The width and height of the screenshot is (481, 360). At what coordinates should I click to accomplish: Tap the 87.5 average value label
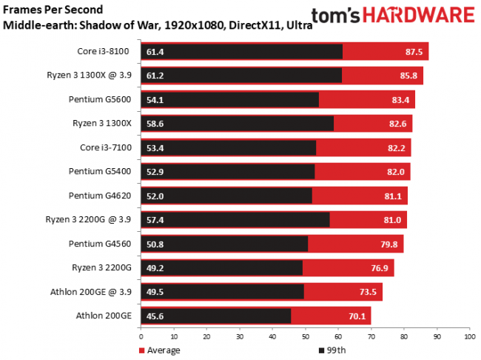(412, 51)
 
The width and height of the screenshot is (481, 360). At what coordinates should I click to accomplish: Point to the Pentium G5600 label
(100, 99)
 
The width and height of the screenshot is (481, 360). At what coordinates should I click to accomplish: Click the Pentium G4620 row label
(100, 195)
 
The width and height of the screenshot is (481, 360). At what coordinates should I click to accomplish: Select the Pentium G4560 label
(100, 243)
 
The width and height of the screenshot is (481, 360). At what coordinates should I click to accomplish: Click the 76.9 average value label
(377, 267)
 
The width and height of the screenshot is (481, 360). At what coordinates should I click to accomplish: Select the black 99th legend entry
(334, 350)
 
